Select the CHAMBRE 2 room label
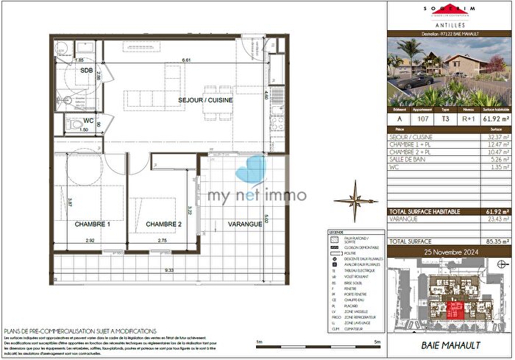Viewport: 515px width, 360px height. [x=163, y=224]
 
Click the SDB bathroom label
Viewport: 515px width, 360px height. [x=86, y=71]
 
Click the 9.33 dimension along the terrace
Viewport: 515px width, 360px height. [x=168, y=271]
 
